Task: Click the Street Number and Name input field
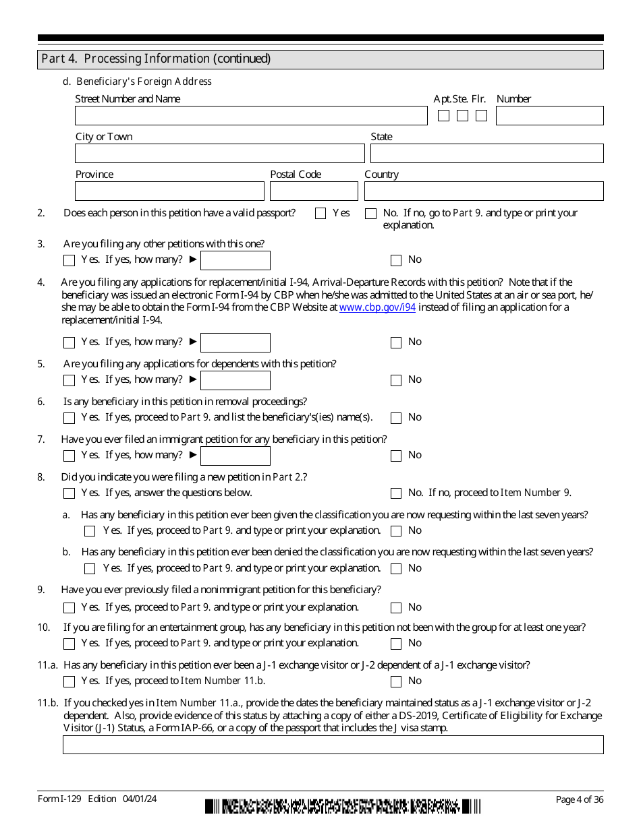pos(251,116)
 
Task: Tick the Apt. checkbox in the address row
pos(443,116)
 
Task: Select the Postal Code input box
pos(314,191)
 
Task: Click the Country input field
pos(484,191)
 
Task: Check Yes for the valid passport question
pos(320,214)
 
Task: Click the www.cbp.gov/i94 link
pos(377,307)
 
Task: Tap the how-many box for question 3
pos(235,260)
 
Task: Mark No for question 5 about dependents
pos(396,380)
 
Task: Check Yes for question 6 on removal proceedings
pos(69,418)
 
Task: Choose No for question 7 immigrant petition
pos(396,456)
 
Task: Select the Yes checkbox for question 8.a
pos(90,531)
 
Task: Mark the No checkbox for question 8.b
pos(396,569)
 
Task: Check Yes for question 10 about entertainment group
pos(69,644)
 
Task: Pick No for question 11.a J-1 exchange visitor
pos(396,681)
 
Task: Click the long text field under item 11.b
pos(333,745)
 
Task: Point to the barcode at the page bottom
pos(343,807)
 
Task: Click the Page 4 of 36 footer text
pos(579,799)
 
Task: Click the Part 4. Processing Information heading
pos(156,59)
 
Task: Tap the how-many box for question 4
pos(235,342)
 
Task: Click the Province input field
pos(169,191)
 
